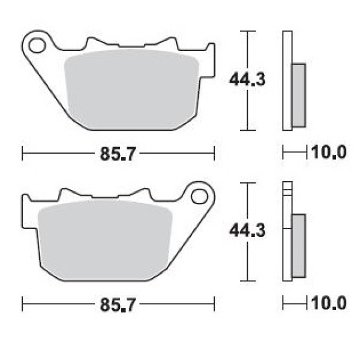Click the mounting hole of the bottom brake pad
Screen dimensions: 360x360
(199, 197)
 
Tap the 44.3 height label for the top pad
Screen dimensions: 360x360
(247, 79)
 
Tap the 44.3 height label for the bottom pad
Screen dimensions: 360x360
(247, 230)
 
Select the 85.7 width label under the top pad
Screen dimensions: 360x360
(118, 154)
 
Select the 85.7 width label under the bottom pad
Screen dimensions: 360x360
(118, 304)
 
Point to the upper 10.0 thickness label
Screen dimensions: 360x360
(329, 152)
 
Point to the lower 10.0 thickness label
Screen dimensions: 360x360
(329, 303)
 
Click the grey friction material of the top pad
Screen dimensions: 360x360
(131, 89)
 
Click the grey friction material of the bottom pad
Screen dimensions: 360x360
(105, 241)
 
